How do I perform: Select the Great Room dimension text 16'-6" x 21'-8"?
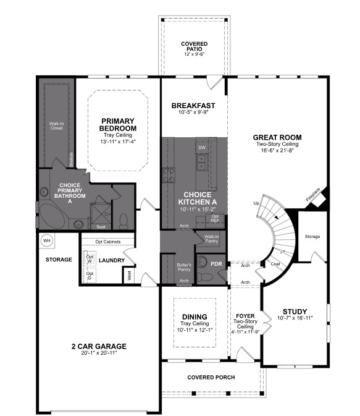[x=277, y=151]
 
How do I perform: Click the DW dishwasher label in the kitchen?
[x=201, y=148]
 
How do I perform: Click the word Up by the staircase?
[x=256, y=203]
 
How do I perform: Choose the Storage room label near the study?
[x=312, y=236]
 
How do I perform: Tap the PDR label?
[x=216, y=264]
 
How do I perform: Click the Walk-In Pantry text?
[x=211, y=239]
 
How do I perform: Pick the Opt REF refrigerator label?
[x=215, y=218]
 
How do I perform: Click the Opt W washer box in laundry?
[x=90, y=259]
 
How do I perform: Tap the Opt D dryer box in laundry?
[x=90, y=276]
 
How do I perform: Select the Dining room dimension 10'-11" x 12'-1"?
[x=194, y=330]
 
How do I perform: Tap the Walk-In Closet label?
[x=56, y=126]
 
